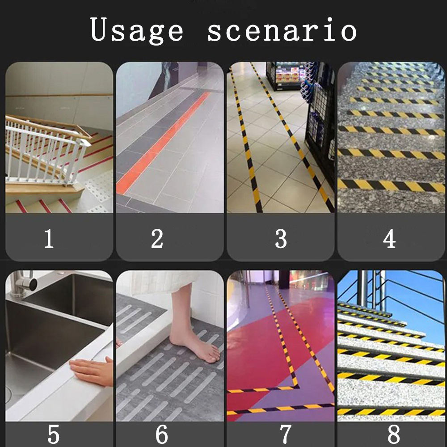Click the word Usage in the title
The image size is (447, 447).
136,30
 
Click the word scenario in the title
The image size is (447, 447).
282,30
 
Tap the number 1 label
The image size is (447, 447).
49,238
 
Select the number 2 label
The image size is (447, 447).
157,238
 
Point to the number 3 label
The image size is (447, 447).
281,238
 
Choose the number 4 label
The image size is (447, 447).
389,238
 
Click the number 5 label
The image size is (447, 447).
54,434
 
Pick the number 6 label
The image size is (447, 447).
162,434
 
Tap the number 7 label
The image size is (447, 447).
286,434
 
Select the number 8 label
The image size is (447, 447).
394,434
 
